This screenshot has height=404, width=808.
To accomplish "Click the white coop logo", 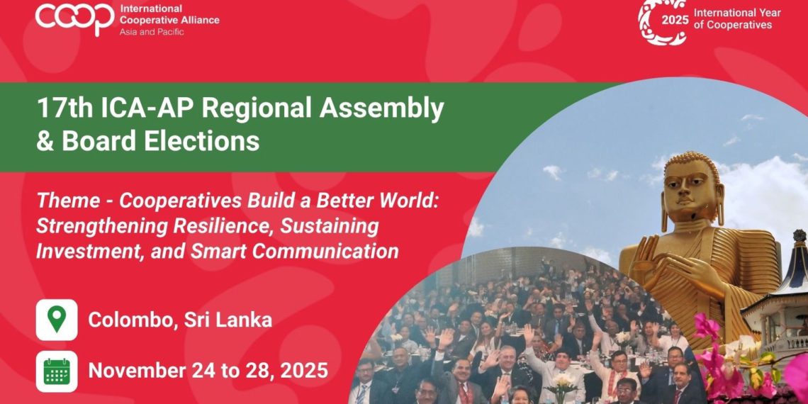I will [74, 17].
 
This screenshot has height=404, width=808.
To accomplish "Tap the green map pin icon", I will [57, 320].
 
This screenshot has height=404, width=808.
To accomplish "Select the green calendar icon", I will [57, 371].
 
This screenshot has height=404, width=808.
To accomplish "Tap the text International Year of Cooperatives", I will [737, 19].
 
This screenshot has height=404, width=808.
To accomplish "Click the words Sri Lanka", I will [228, 320].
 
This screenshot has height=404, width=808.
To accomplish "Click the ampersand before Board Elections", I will [45, 140].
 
